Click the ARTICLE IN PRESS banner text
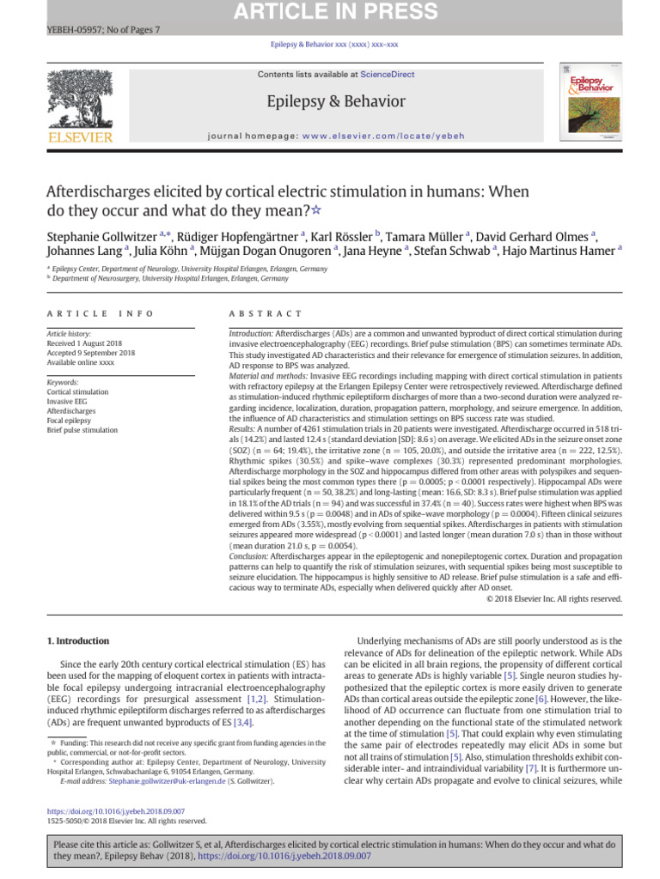click(x=330, y=10)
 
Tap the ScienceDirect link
click(x=387, y=75)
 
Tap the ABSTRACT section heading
click(x=266, y=314)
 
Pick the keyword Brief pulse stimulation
click(x=82, y=429)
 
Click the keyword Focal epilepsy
click(x=70, y=420)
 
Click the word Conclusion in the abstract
click(x=248, y=555)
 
